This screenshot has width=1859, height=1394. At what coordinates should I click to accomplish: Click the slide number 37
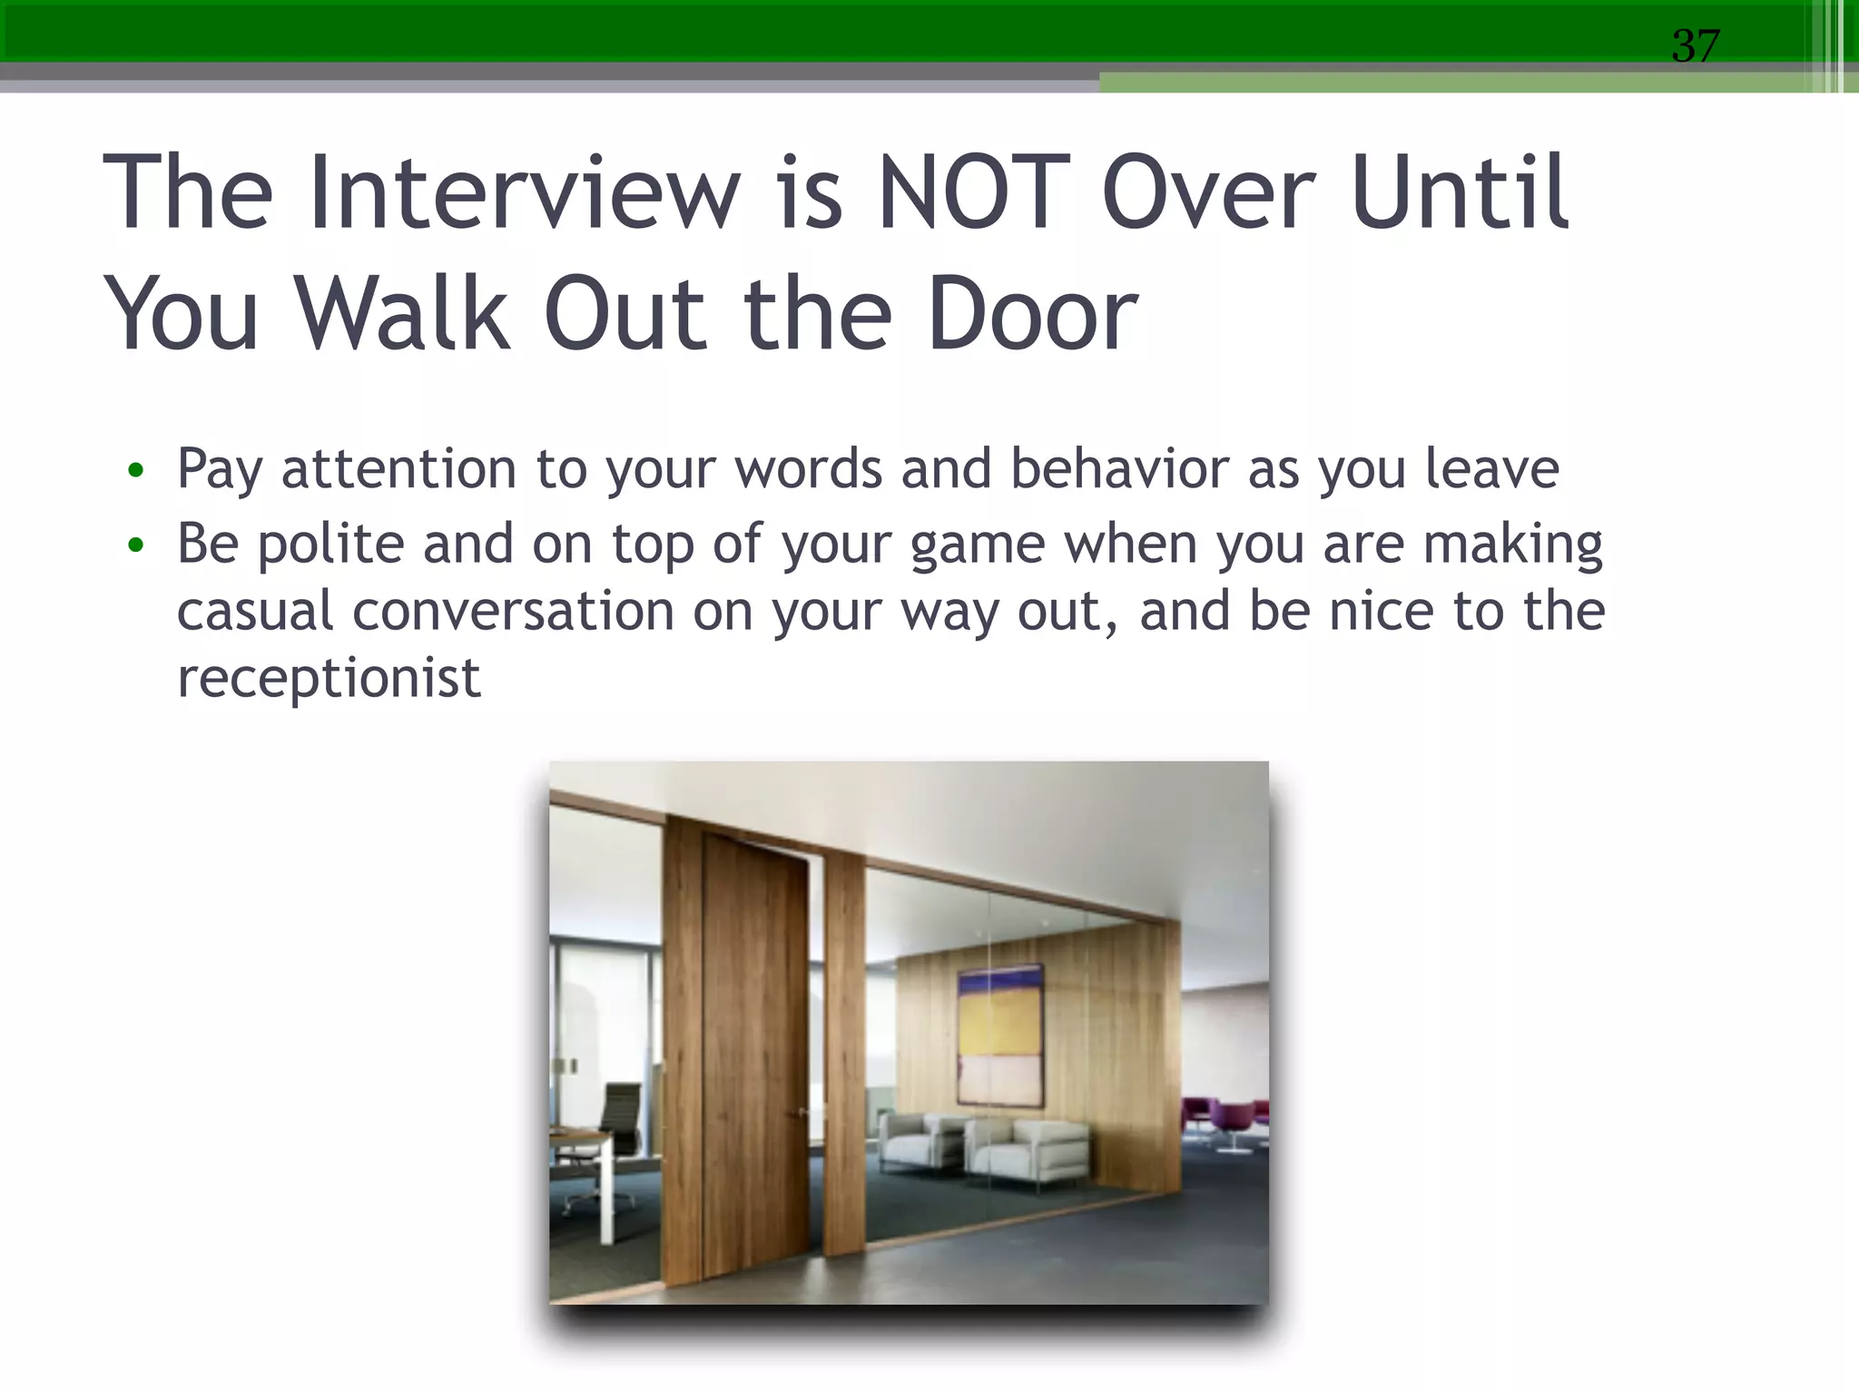tap(1695, 45)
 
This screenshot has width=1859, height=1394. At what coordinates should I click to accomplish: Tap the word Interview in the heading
tap(524, 192)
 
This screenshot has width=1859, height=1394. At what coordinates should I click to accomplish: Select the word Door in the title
tap(1032, 314)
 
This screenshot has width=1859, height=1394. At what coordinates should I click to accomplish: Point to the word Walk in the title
tap(402, 314)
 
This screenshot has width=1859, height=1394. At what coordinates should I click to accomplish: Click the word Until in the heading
tap(1460, 192)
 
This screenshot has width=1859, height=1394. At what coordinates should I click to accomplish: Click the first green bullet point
tap(136, 470)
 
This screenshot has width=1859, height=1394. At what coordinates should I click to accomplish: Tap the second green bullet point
tap(136, 545)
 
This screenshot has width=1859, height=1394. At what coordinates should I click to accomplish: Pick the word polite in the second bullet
tap(330, 545)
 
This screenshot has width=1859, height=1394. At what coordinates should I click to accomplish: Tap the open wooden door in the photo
tap(755, 1053)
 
